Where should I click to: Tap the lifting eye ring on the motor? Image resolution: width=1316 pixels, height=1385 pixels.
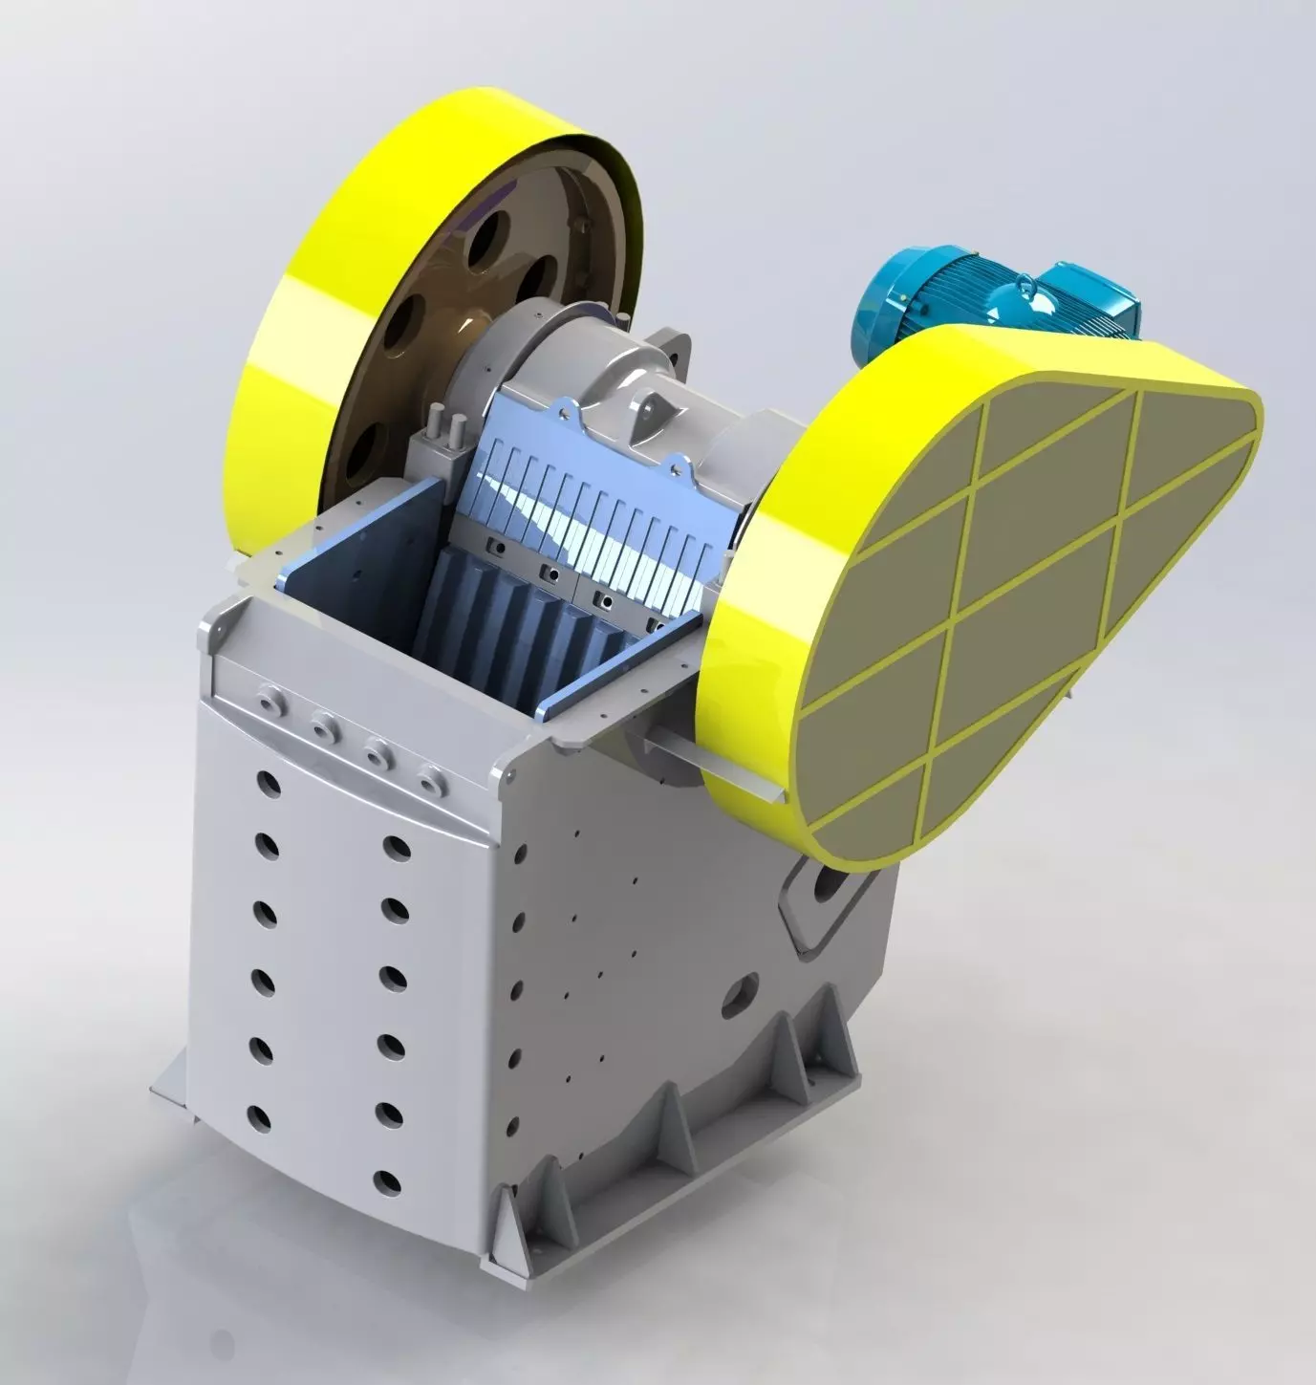[x=1026, y=283]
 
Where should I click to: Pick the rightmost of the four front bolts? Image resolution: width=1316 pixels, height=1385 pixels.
[x=434, y=778]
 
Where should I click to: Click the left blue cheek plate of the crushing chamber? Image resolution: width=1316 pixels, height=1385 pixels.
[x=363, y=573]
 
